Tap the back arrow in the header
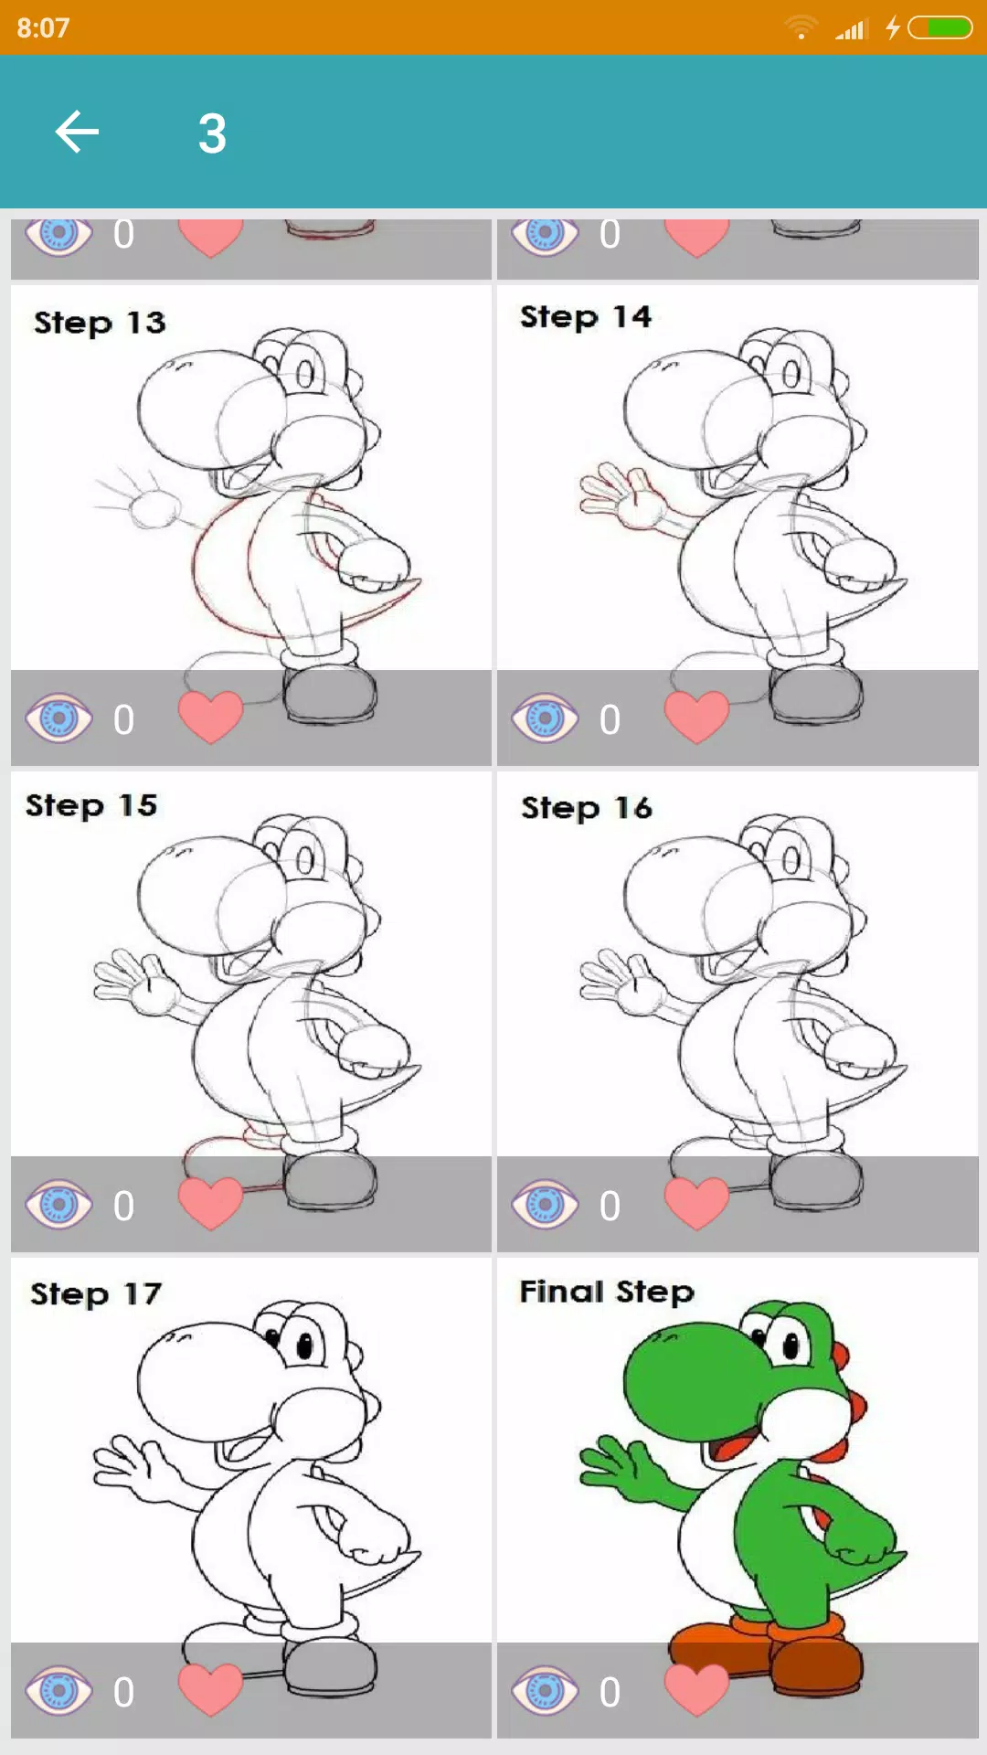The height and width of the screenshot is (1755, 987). point(77,132)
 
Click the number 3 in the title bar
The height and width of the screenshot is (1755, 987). point(212,133)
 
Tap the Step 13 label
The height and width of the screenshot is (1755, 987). point(100,323)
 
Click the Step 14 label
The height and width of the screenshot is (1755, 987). point(586,317)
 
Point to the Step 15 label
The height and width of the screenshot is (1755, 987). point(91,805)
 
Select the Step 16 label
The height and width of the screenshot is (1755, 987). point(587,808)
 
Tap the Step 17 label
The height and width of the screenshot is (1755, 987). point(96,1294)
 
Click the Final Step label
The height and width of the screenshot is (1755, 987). point(607,1292)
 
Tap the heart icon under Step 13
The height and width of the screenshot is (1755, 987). point(210,718)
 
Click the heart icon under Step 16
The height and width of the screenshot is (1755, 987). point(696,1204)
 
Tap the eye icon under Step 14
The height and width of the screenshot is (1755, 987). point(546,718)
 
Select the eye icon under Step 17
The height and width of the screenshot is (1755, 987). point(59,1691)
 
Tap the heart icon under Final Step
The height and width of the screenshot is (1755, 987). point(696,1690)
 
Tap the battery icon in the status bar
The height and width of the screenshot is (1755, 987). point(939,27)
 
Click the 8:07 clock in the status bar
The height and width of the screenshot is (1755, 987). point(43,27)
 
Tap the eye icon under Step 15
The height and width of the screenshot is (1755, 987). point(59,1205)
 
